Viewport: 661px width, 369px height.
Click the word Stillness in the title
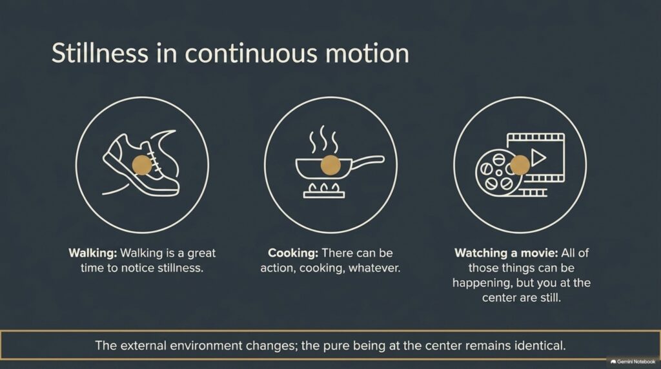(x=100, y=53)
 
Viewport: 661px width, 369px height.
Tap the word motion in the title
(x=367, y=54)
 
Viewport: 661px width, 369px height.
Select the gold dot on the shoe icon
(x=141, y=165)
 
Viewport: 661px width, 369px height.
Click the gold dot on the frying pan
(x=330, y=165)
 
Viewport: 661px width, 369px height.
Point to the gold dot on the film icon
(x=520, y=165)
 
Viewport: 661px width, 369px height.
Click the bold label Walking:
(x=93, y=253)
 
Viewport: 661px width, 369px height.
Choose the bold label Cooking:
(x=293, y=253)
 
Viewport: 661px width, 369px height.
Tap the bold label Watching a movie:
(x=506, y=253)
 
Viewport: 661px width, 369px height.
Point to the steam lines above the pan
(x=324, y=139)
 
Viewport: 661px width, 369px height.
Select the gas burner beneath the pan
(x=324, y=190)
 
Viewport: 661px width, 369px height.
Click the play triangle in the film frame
(x=538, y=157)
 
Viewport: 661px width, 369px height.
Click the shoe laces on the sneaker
(x=152, y=159)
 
